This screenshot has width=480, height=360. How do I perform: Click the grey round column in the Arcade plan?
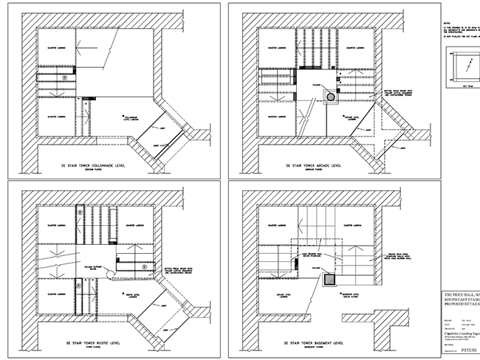331,96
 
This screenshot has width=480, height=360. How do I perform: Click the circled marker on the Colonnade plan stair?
64,76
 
